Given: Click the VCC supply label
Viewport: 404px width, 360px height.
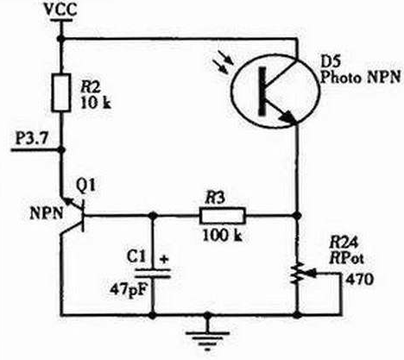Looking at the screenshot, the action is click(61, 9).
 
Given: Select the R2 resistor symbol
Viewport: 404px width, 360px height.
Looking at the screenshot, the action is click(61, 92).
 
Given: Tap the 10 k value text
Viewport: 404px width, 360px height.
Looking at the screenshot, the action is click(96, 103).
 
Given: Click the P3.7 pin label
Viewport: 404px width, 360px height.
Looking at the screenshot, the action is click(32, 140).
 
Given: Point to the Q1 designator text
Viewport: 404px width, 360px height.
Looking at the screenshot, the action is click(85, 186).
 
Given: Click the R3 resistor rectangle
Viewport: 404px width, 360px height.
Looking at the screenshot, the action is click(223, 215).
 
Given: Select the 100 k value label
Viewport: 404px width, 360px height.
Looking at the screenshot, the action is click(223, 236).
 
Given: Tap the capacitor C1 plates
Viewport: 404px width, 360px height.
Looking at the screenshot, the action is click(153, 273).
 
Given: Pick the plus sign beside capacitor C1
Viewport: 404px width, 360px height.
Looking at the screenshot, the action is click(164, 259).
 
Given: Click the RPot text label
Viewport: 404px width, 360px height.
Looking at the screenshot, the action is click(346, 258).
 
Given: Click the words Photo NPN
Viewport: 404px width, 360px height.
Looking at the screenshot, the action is click(360, 77).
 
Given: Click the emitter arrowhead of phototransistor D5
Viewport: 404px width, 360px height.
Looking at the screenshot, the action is click(288, 117).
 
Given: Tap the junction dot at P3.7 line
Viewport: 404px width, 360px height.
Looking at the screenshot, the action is click(61, 149).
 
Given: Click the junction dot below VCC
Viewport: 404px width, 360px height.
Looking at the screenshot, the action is click(61, 38).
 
